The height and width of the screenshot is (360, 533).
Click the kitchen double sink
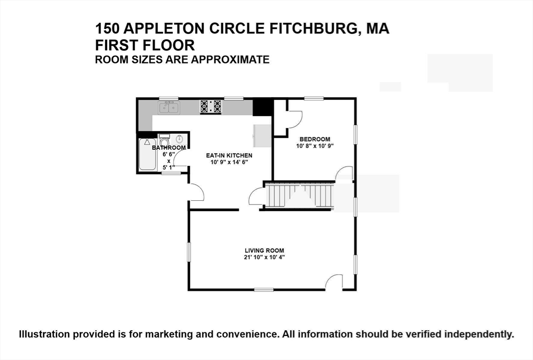(x=169, y=108)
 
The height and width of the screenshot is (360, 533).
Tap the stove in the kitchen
(x=211, y=107)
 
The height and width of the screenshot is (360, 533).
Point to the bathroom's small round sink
(x=180, y=139)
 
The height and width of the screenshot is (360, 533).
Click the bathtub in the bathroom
(x=148, y=155)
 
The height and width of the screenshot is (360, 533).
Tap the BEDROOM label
(x=314, y=139)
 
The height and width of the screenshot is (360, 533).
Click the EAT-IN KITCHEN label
(x=229, y=156)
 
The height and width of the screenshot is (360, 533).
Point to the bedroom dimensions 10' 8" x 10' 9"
(x=314, y=146)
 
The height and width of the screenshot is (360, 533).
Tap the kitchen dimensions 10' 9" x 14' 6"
(x=229, y=162)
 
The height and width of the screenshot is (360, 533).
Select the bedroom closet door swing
(x=294, y=120)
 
